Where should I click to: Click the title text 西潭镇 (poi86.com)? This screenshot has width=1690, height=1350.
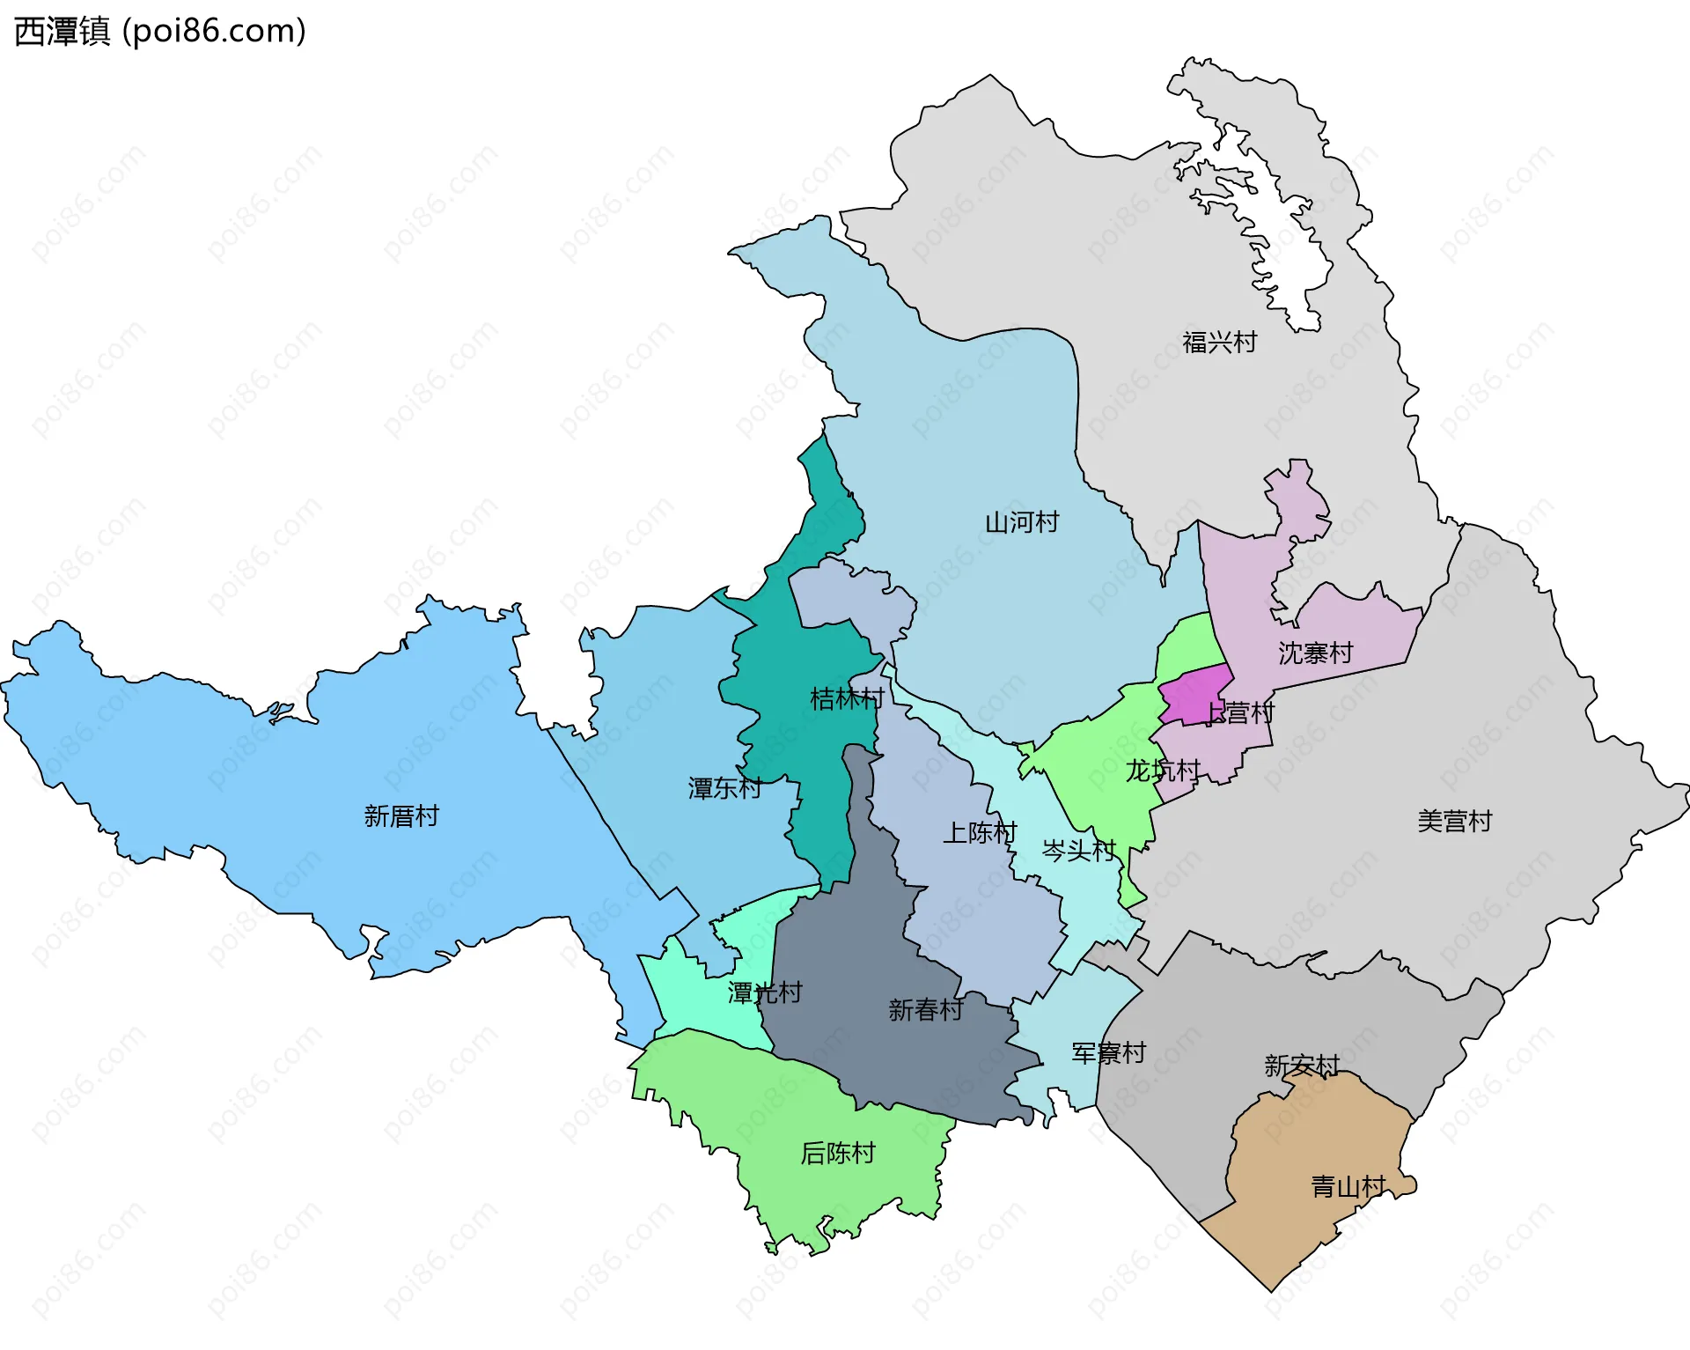tap(160, 32)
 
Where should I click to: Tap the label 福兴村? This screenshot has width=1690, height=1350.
tap(1219, 343)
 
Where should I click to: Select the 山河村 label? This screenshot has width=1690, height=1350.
tap(1021, 522)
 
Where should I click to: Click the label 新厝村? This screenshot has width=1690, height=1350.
tap(401, 816)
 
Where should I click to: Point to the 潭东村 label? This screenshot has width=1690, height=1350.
tap(724, 788)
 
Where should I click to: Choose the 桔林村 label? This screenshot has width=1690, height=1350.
tap(847, 699)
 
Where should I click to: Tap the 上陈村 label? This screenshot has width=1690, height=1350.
tap(980, 832)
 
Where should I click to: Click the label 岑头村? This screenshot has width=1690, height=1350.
tap(1078, 850)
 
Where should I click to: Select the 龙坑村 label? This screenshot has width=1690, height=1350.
tap(1162, 771)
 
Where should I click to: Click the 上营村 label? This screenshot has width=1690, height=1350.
tap(1239, 712)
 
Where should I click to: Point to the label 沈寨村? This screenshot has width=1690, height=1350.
tap(1315, 653)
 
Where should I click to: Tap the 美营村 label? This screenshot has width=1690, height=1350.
tap(1454, 822)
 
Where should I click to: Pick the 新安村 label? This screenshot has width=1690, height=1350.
tap(1301, 1066)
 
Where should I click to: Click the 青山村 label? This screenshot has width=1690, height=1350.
tap(1348, 1187)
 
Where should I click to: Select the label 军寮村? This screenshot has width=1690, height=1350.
tap(1108, 1053)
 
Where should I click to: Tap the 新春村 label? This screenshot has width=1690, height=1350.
tap(925, 1010)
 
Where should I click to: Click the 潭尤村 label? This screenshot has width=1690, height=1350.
tap(765, 993)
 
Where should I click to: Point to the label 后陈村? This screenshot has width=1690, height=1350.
tap(837, 1154)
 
